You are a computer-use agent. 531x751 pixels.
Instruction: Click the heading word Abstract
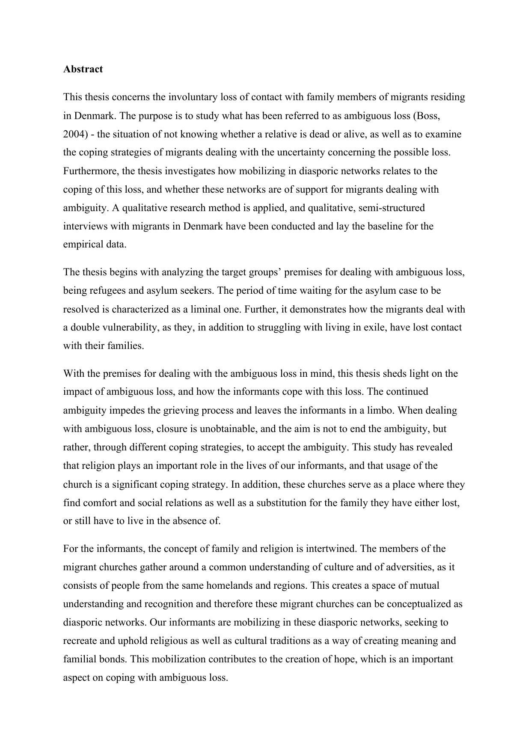(x=83, y=69)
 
